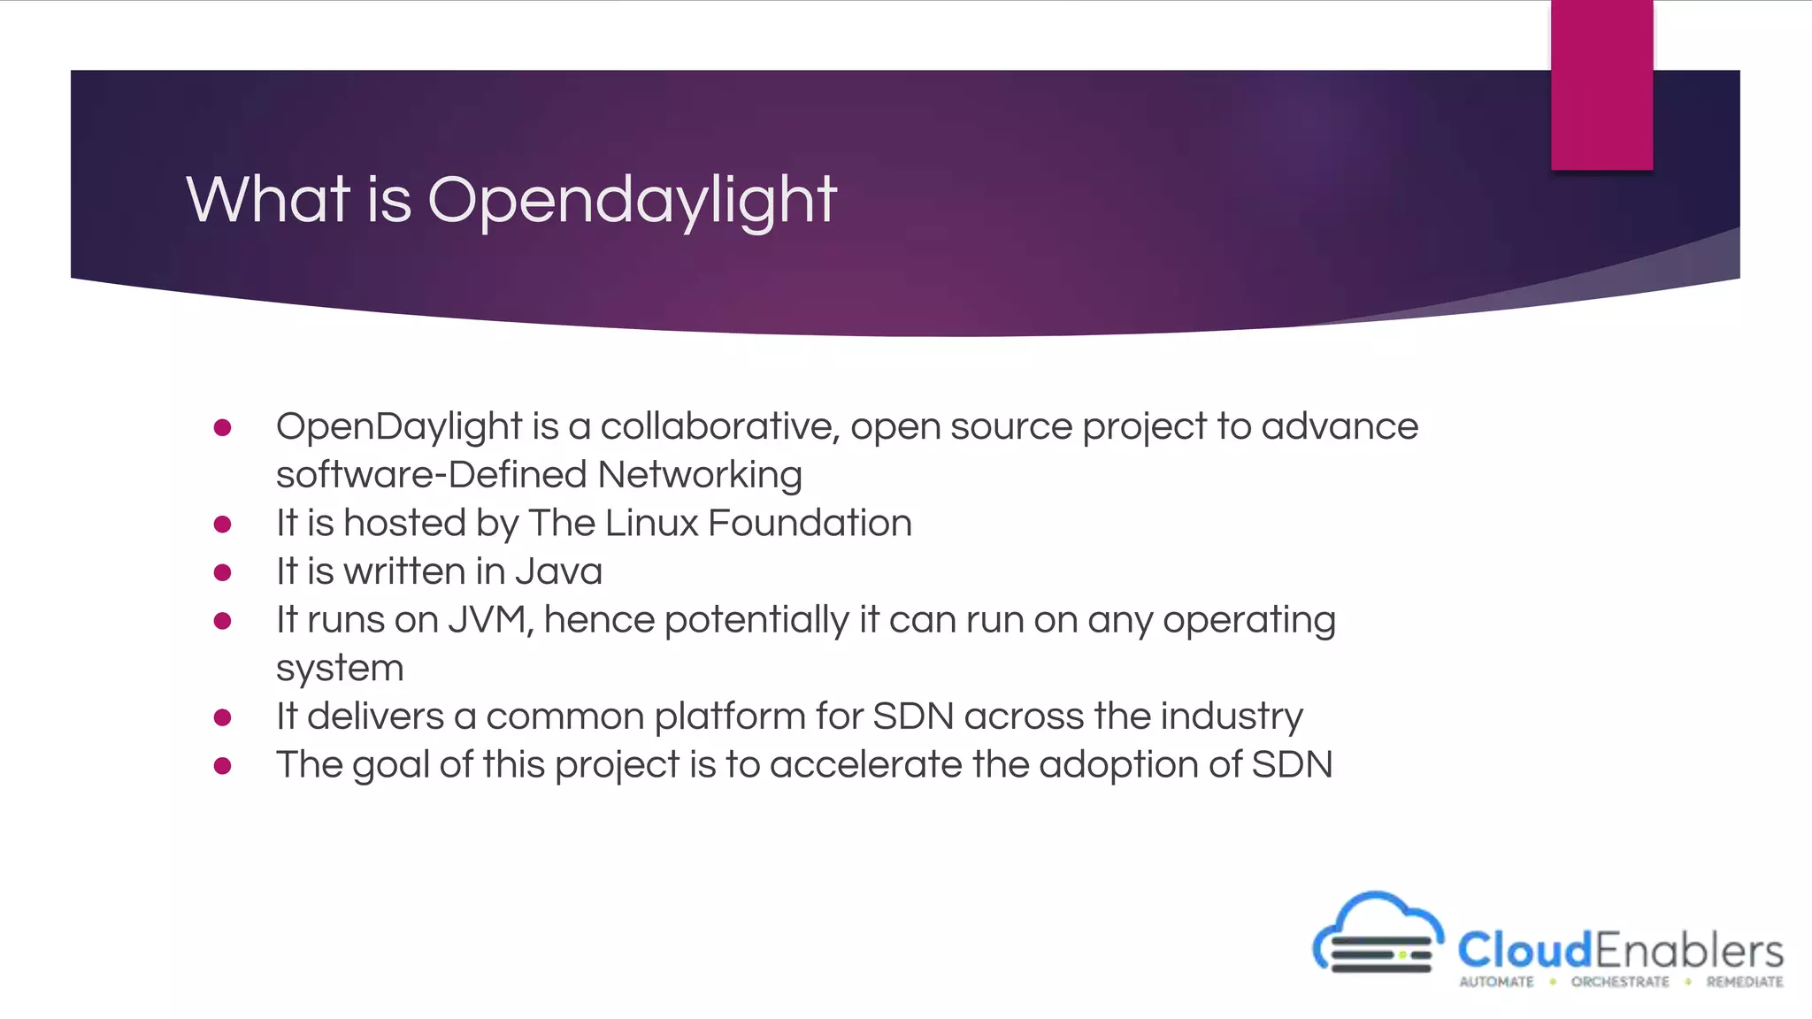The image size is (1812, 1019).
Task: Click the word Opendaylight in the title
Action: tap(632, 200)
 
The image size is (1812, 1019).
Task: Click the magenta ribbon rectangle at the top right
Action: tap(1601, 85)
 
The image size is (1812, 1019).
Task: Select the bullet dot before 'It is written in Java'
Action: tap(223, 573)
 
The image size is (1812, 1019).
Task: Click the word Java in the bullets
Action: tap(558, 571)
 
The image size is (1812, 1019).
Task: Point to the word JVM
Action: tap(490, 620)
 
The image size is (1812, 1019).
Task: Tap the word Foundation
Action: tap(810, 524)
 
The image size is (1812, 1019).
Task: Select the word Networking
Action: tap(700, 476)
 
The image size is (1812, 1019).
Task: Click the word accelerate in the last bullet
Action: tap(865, 765)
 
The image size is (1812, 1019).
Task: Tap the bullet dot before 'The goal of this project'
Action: tap(223, 766)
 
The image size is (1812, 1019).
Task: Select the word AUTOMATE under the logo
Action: tap(1496, 982)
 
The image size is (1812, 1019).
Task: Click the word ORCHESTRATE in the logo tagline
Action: tap(1620, 982)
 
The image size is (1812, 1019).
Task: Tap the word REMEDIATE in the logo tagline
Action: tap(1745, 982)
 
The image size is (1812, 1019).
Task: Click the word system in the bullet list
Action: tap(340, 669)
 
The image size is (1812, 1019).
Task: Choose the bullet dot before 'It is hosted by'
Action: tap(223, 525)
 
